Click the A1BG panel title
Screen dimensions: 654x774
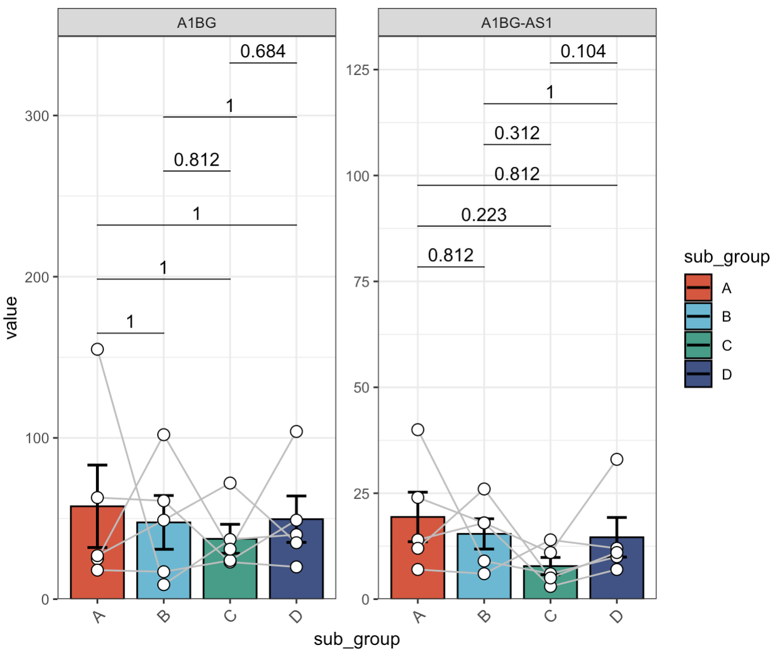(x=196, y=23)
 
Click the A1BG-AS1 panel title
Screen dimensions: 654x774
(x=516, y=23)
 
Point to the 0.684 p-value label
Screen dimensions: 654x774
(x=263, y=51)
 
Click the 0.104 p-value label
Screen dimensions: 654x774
(x=583, y=51)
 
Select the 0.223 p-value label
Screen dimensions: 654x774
(x=483, y=215)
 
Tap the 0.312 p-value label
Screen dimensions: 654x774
(x=516, y=133)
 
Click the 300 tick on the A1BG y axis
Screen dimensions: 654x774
(x=37, y=116)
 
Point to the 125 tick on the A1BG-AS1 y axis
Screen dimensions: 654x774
(x=357, y=70)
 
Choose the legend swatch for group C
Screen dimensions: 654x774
(x=698, y=345)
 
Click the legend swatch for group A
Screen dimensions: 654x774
(x=698, y=288)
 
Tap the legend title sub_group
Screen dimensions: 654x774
(x=726, y=257)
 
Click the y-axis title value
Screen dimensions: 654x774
(x=11, y=318)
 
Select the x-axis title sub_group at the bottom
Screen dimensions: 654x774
(x=356, y=639)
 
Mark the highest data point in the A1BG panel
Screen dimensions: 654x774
(x=98, y=349)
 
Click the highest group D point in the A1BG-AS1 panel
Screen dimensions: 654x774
(x=617, y=459)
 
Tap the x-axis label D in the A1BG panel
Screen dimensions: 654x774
(x=296, y=617)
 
